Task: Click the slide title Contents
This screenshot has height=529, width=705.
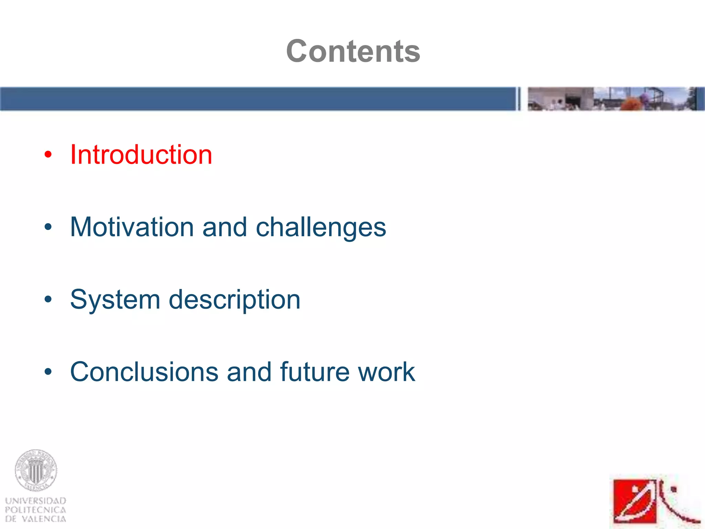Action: click(353, 51)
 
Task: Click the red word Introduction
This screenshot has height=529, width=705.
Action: click(141, 155)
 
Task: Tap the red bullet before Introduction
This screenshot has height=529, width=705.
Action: click(48, 155)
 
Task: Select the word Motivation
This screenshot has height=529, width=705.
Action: click(132, 227)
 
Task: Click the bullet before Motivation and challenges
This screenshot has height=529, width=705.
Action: click(48, 227)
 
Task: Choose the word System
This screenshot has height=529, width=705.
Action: click(115, 300)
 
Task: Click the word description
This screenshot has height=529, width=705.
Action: click(234, 300)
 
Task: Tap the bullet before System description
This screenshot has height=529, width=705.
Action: click(48, 299)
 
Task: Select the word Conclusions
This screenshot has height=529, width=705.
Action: click(144, 372)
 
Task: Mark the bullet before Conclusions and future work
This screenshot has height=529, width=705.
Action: click(48, 372)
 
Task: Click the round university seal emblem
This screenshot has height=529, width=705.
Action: click(36, 470)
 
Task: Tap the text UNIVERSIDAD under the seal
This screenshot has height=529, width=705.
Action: click(36, 500)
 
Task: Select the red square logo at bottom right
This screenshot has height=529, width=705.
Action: click(635, 501)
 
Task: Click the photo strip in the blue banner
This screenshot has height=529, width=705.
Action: click(613, 99)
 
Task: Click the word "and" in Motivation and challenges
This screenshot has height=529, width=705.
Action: click(225, 227)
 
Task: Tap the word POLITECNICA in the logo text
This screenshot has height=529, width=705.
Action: click(36, 510)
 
